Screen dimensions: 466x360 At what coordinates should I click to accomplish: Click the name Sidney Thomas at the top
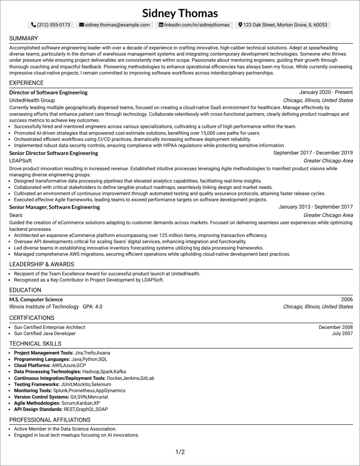pos(180,13)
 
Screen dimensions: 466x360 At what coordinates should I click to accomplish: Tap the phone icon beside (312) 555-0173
pos(33,25)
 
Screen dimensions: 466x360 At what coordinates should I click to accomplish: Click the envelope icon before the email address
pos(82,25)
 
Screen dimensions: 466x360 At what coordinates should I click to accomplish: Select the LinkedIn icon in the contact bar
pos(161,25)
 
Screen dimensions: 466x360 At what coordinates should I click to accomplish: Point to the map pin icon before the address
pos(240,25)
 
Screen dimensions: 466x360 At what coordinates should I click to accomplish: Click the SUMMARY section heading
pos(24,38)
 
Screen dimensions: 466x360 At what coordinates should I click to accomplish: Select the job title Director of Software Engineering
pos(48,92)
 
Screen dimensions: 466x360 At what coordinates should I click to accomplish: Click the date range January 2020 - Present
pos(326,92)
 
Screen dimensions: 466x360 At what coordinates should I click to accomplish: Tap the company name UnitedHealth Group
pos(32,100)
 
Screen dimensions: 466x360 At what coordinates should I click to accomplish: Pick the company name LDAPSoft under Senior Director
pos(20,161)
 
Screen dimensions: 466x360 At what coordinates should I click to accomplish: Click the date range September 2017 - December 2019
pos(313,153)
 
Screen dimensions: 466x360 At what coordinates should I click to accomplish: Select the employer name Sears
pos(16,215)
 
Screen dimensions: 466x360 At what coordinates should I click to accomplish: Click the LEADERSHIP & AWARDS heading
pos(42,264)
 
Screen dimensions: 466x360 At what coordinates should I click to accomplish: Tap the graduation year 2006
pos(347,300)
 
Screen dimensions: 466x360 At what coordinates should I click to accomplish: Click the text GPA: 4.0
pos(92,307)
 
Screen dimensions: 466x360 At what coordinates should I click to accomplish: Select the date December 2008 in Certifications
pos(336,327)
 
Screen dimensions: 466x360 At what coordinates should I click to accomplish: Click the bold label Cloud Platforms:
pos(32,366)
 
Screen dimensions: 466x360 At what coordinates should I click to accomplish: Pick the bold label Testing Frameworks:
pos(37,384)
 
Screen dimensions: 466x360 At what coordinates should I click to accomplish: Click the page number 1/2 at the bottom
pos(180,452)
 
